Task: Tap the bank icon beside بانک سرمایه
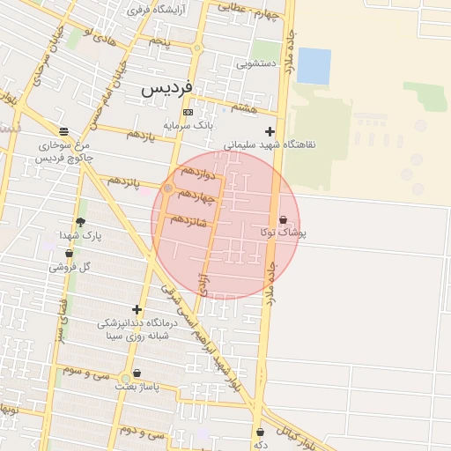[188, 113]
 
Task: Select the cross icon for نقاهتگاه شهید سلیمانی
[270, 131]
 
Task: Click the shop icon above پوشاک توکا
[283, 219]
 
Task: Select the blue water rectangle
[314, 66]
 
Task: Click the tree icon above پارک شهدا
[81, 223]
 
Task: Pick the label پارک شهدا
[81, 237]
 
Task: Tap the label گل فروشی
[73, 265]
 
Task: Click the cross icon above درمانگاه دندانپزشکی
[137, 309]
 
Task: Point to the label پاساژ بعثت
[137, 388]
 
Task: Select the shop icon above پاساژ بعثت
[137, 373]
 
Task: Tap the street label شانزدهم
[189, 220]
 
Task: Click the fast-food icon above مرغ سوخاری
[63, 130]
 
